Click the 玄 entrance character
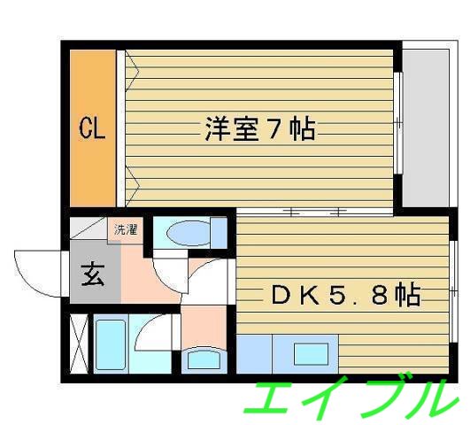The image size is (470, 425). pyautogui.click(x=92, y=275)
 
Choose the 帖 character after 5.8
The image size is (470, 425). pyautogui.click(x=406, y=294)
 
